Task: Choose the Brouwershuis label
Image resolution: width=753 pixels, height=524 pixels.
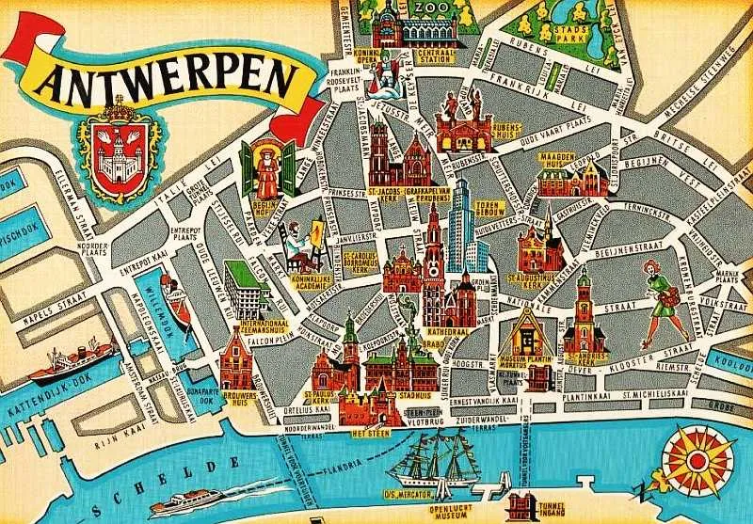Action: (x=239, y=396)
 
